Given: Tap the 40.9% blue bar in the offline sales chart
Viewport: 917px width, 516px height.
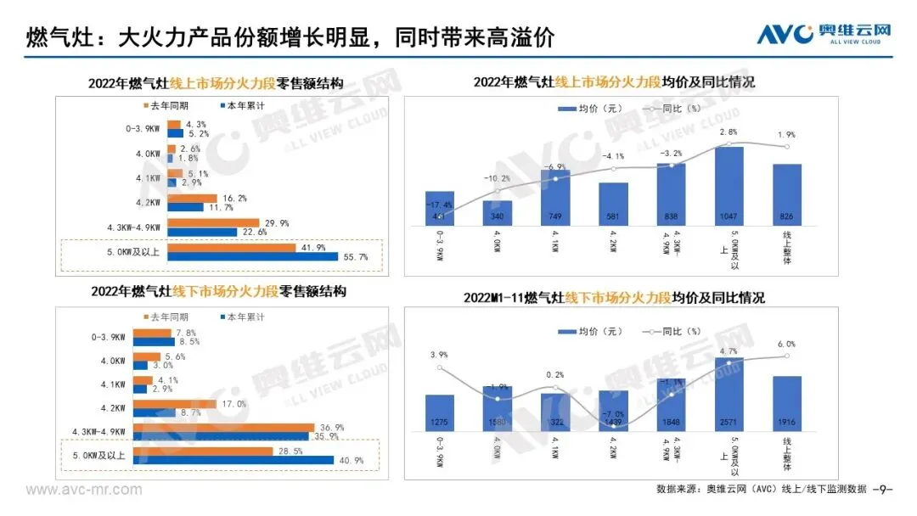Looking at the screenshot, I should [x=250, y=460].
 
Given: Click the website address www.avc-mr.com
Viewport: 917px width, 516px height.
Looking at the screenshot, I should [x=72, y=490].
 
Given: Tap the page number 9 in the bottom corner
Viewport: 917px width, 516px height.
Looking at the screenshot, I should [x=886, y=490].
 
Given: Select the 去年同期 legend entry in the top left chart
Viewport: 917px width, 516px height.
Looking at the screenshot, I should [x=167, y=106].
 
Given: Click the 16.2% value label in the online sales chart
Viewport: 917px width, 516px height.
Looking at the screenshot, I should [x=217, y=197].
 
